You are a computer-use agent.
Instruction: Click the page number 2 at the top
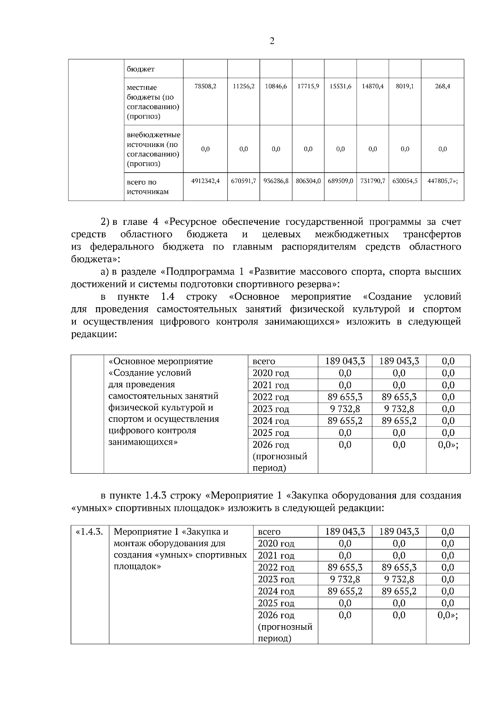[272, 41]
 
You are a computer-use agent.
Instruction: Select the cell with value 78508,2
[205, 87]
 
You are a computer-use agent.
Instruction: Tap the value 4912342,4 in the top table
[205, 181]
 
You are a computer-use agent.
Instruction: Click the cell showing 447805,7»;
[442, 181]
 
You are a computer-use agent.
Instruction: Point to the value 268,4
[442, 87]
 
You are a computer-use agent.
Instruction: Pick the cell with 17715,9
[308, 87]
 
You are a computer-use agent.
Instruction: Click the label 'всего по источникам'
[147, 187]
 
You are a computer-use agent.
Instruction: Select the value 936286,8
[276, 181]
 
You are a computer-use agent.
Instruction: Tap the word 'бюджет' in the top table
[141, 69]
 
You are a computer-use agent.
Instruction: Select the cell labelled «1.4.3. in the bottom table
[89, 532]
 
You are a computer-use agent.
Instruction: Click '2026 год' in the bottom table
[273, 615]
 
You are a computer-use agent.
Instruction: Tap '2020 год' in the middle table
[271, 373]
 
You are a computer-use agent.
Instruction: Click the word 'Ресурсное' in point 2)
[192, 222]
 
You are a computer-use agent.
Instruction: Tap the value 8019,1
[405, 87]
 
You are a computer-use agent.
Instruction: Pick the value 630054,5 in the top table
[405, 181]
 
